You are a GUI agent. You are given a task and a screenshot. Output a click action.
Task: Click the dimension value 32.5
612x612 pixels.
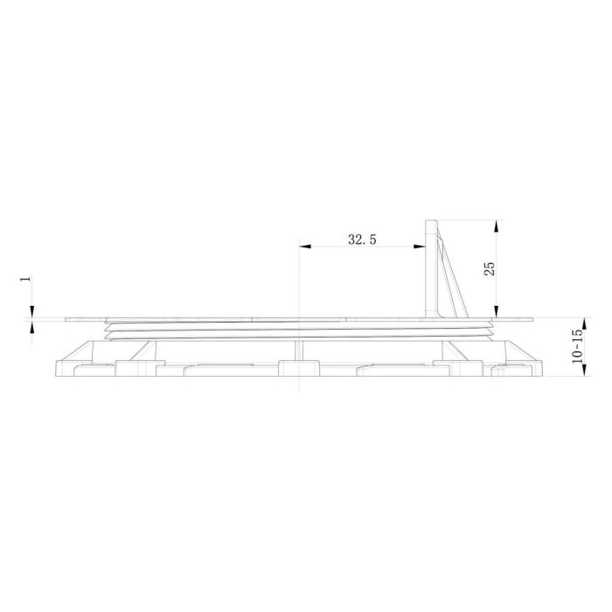pos(362,240)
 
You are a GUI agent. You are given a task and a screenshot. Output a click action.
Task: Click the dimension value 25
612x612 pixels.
pos(490,268)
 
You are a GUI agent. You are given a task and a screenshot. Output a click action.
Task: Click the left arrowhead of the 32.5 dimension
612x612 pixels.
pos(304,247)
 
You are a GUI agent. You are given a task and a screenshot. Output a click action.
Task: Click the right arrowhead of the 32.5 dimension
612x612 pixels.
pos(421,247)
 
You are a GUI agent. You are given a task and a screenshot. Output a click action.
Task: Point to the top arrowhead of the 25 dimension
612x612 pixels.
pos(497,225)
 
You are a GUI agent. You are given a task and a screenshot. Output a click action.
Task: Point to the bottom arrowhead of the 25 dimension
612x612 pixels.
pos(497,312)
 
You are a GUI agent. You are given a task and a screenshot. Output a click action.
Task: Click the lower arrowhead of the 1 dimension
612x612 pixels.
pos(31,328)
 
